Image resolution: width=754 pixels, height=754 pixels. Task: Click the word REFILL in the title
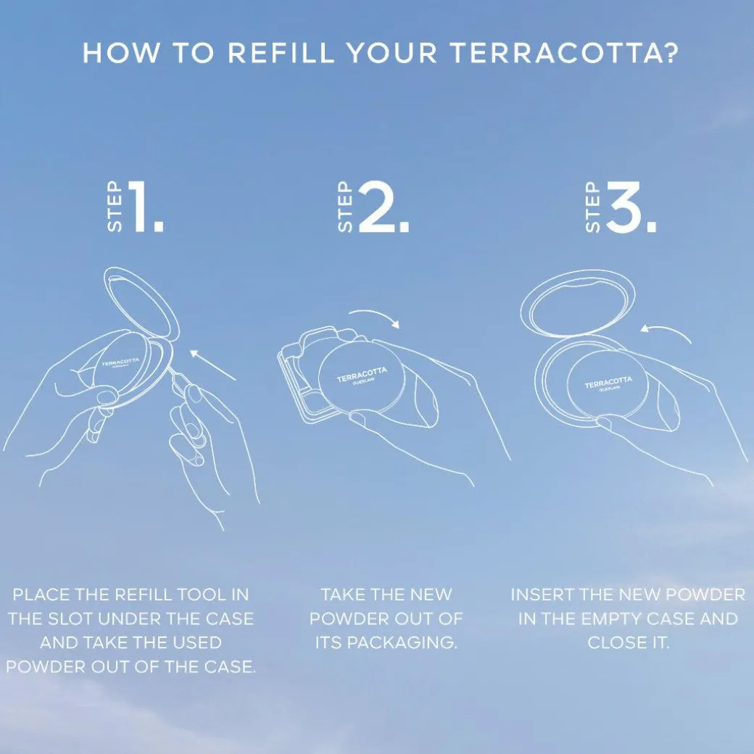(281, 52)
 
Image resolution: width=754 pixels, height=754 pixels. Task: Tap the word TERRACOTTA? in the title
(565, 52)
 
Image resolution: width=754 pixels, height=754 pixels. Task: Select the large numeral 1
(145, 207)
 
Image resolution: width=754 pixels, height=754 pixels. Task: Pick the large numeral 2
(384, 207)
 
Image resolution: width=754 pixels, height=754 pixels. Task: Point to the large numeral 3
(631, 207)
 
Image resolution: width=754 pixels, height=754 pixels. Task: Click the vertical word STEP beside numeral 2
(345, 207)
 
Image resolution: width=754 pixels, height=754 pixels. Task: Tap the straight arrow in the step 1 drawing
(212, 365)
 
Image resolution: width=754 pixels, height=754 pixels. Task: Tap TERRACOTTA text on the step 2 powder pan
(362, 375)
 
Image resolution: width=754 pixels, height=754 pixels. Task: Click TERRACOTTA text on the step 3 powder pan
(608, 382)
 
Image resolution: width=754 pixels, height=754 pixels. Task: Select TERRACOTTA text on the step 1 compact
(120, 362)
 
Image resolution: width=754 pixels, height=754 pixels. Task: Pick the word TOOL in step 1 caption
(202, 594)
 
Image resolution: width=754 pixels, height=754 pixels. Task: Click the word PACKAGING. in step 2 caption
(386, 643)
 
